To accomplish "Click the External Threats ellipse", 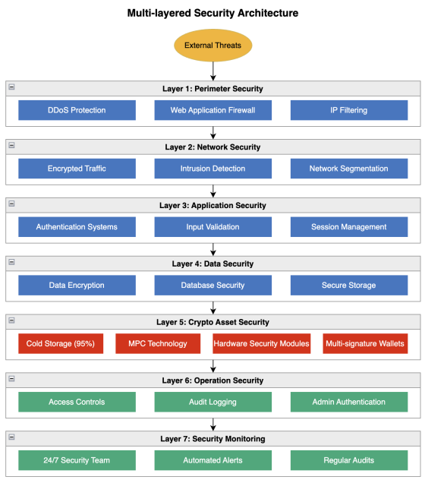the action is [x=213, y=46].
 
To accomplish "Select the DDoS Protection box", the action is [x=77, y=110].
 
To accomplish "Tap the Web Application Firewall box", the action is [x=213, y=110].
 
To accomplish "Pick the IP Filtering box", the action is [x=349, y=110].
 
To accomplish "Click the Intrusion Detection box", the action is [x=213, y=169].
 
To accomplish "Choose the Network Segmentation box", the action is [x=349, y=169].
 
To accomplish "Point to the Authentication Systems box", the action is [x=77, y=227].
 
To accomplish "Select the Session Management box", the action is [x=349, y=227].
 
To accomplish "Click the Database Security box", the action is [x=213, y=286].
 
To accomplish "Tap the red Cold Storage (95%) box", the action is [x=61, y=343].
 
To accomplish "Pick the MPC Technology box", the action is [x=158, y=343].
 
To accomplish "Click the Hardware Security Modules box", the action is [x=262, y=343].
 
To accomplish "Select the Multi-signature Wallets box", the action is [x=365, y=343].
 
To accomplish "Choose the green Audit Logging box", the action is [x=213, y=402].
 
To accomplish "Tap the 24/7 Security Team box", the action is [x=77, y=460].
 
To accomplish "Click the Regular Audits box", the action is [x=349, y=460].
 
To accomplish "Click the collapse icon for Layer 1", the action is [x=11, y=87].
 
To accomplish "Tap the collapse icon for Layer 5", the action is [x=11, y=320].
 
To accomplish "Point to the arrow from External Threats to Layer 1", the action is [x=213, y=71].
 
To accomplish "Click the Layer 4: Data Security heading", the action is [x=213, y=264].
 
